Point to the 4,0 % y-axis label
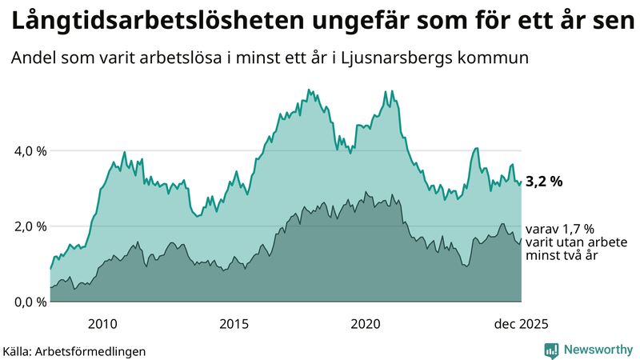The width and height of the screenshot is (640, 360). pos(29,150)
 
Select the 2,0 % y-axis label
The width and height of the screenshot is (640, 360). pos(29,226)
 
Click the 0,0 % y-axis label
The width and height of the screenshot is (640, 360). pos(29,302)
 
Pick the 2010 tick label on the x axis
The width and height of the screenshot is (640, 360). pos(102,323)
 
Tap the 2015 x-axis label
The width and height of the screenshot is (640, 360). pos(234,323)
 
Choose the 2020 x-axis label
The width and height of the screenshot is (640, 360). pos(366,323)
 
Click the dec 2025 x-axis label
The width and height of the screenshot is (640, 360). pos(521,323)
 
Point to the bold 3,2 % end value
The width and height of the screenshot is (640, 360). pos(544,182)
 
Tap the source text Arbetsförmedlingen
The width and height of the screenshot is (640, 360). pos(95,350)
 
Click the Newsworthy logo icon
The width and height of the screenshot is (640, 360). pos(551,350)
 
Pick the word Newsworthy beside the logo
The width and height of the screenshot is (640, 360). pos(597,350)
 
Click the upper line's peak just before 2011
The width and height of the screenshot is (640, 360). pos(124,151)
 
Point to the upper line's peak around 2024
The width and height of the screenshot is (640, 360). pos(477,148)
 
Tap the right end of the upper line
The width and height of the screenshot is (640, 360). pos(522,182)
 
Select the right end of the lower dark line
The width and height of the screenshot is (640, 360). pos(522,238)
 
